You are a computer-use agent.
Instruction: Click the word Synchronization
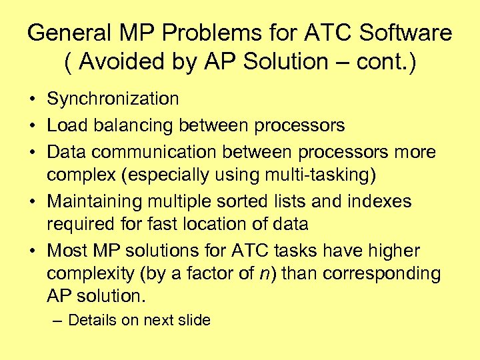tap(113, 99)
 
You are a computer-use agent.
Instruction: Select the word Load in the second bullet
tap(64, 125)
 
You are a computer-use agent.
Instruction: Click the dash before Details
tap(57, 320)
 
